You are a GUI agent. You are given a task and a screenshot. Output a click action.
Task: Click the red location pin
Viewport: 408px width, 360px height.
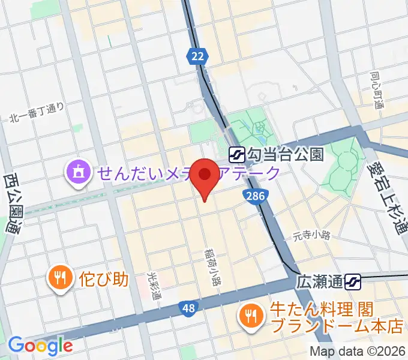[206, 175]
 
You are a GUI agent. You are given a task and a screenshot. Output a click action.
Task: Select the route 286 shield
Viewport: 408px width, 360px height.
[254, 196]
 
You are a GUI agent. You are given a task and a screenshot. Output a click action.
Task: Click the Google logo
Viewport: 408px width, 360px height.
[40, 345]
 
